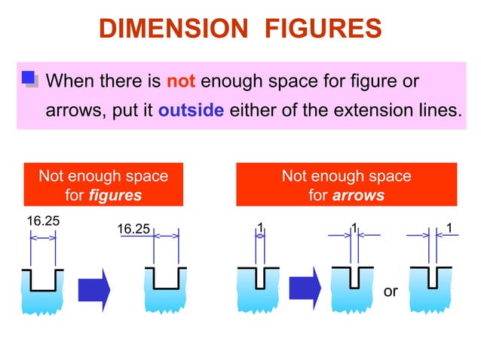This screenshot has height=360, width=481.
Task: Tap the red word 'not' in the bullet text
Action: coord(181,81)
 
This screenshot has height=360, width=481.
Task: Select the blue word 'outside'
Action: coord(191,110)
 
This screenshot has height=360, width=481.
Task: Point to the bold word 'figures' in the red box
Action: coord(115,195)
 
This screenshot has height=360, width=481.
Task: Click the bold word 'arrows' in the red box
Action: coord(359,195)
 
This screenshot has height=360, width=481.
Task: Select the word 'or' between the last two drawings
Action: coord(390,291)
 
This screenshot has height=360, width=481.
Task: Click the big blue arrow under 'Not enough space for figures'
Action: coord(94,287)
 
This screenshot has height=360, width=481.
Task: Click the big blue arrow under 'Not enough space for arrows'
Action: coord(305,287)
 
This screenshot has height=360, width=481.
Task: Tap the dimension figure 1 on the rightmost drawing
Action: coord(449,227)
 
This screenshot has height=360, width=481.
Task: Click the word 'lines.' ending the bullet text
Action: coord(434,110)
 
